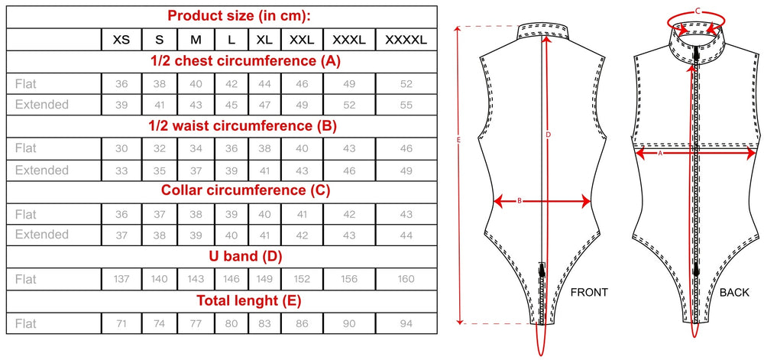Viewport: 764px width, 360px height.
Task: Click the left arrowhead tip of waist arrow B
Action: (x=494, y=200)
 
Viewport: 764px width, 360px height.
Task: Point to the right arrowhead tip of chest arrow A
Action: (x=756, y=153)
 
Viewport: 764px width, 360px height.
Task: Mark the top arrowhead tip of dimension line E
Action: (x=458, y=26)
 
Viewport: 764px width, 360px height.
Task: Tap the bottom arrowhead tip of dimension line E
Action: (x=458, y=323)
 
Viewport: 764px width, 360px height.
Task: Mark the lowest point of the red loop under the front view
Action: (x=541, y=355)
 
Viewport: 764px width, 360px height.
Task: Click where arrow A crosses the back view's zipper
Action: (x=697, y=153)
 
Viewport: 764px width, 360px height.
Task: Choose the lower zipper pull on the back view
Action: (x=697, y=271)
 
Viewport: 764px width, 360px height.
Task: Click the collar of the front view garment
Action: (x=542, y=31)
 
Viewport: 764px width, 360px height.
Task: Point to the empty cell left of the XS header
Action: (x=53, y=40)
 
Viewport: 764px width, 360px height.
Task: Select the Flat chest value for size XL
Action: (x=264, y=84)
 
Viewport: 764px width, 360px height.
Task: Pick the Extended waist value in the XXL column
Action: (x=302, y=170)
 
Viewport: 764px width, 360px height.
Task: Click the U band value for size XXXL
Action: (x=349, y=279)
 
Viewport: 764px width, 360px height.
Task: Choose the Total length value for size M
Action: (x=196, y=323)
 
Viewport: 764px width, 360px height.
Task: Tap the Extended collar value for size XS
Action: (x=121, y=235)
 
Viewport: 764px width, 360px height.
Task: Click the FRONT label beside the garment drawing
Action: (x=590, y=292)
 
